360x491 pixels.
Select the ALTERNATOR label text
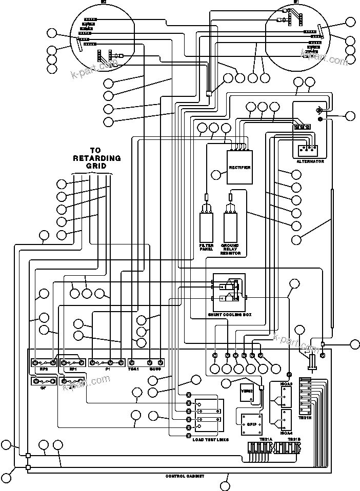(310, 161)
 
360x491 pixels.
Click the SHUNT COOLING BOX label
(229, 315)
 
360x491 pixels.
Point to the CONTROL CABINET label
(185, 476)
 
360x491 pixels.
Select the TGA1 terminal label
(133, 369)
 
